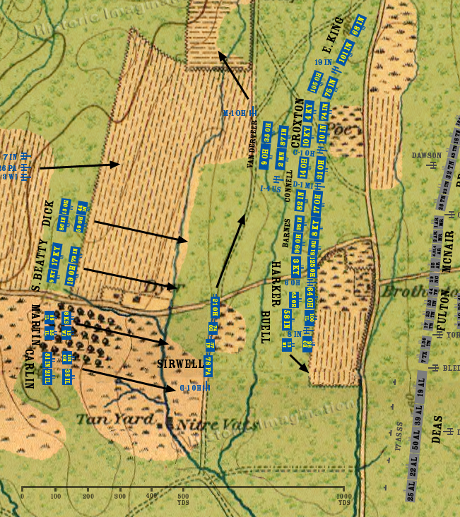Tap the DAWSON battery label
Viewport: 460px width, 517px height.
[x=427, y=155]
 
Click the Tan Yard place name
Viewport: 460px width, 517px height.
[x=105, y=419]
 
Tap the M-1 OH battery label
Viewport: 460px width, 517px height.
[x=233, y=113]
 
